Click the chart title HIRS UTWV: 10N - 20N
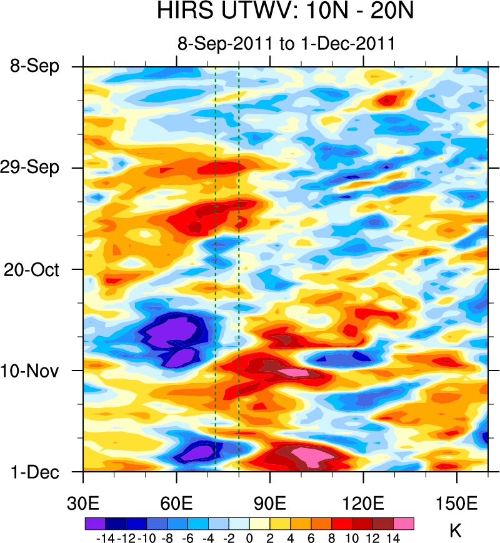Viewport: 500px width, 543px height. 286,12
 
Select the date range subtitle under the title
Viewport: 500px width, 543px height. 286,44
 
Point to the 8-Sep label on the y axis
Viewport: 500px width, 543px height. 35,66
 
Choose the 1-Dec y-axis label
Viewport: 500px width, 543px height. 35,472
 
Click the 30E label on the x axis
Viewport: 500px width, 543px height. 84,502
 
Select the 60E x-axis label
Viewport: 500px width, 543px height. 177,502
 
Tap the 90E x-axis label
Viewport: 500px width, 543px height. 270,502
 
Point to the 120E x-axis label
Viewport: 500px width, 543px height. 363,502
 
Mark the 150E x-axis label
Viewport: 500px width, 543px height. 456,502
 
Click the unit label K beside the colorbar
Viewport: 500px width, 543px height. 456,532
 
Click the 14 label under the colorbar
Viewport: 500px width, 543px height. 394,537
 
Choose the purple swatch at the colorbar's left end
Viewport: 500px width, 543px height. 94,523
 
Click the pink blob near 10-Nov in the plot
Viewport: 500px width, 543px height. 292,372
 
